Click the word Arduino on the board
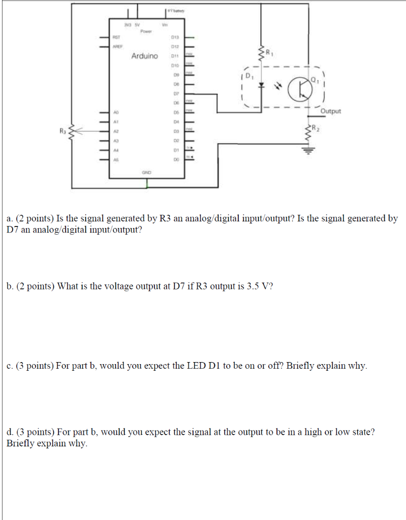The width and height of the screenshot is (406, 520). coord(144,55)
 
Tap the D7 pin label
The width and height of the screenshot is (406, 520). coord(174,94)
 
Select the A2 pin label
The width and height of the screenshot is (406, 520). coord(116,131)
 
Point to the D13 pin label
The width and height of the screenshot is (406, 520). coord(174,38)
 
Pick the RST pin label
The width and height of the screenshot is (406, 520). coord(116,38)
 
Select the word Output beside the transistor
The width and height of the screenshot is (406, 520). coord(331,111)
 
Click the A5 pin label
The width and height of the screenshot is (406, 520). coord(116,159)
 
